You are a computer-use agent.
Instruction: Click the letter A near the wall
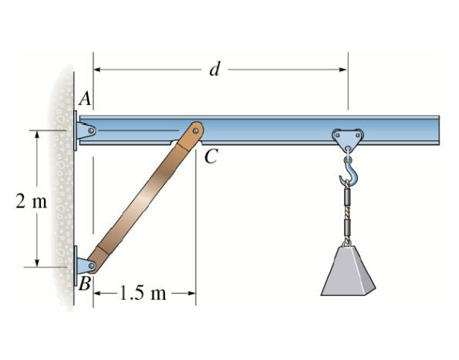[x=85, y=98]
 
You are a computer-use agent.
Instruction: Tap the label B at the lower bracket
[x=85, y=284]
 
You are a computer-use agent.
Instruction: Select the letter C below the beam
[x=211, y=156]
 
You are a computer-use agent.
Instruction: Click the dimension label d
[x=214, y=69]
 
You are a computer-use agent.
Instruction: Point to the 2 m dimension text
[x=31, y=201]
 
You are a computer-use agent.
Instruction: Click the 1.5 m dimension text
[x=143, y=293]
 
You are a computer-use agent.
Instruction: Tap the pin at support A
[x=91, y=130]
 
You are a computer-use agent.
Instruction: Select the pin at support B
[x=92, y=265]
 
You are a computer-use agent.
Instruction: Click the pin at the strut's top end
[x=195, y=131]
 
